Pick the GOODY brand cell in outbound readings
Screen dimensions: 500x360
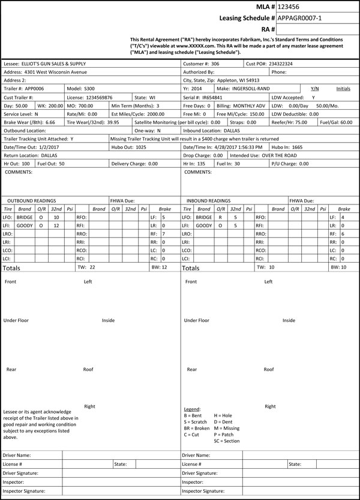click(x=25, y=225)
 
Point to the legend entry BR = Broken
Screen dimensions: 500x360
click(x=196, y=428)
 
